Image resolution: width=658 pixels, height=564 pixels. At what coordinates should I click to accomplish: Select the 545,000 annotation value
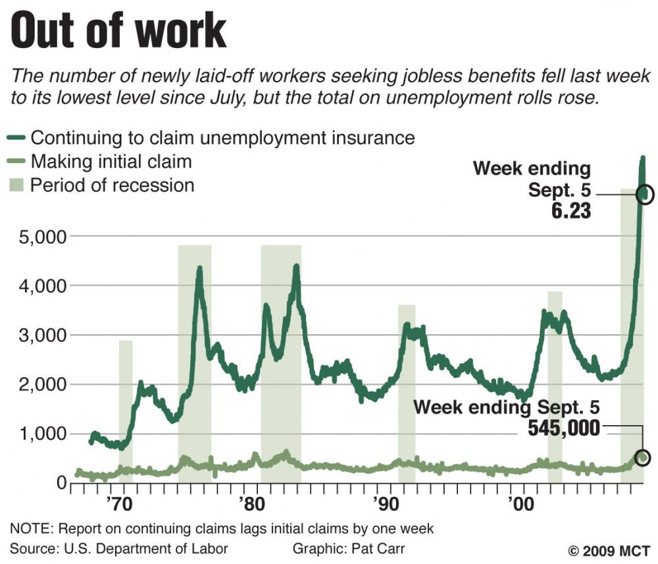pyautogui.click(x=564, y=428)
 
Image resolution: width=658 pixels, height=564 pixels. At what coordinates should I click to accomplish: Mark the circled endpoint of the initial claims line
pyautogui.click(x=643, y=457)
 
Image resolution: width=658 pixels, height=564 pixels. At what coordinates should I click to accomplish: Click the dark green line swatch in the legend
pyautogui.click(x=18, y=138)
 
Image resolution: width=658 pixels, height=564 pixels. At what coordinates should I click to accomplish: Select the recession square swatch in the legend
pyautogui.click(x=18, y=185)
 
